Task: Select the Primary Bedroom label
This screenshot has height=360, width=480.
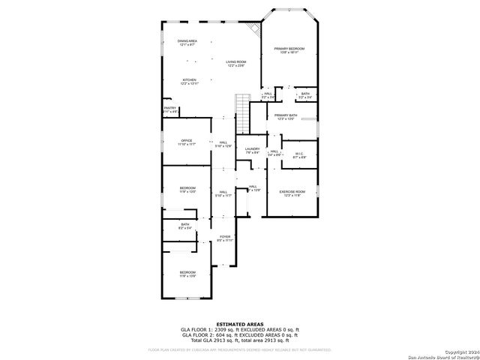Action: click(x=289, y=50)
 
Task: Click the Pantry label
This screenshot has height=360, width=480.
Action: click(x=170, y=109)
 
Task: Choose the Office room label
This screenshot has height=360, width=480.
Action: click(x=187, y=142)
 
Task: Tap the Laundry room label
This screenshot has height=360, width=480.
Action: click(x=252, y=150)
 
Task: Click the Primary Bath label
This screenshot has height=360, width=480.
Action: click(x=286, y=117)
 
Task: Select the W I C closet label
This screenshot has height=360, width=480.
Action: click(x=298, y=155)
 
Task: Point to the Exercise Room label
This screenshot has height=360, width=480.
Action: click(x=292, y=193)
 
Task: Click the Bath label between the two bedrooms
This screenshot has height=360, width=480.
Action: click(x=184, y=225)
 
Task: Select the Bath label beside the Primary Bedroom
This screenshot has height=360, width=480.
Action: click(x=304, y=95)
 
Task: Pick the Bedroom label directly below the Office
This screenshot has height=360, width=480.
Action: click(x=187, y=189)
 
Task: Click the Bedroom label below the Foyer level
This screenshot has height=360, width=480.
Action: click(x=187, y=274)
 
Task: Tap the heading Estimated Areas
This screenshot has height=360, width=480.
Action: click(x=239, y=324)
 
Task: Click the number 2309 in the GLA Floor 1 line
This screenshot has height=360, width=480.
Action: click(x=221, y=330)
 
